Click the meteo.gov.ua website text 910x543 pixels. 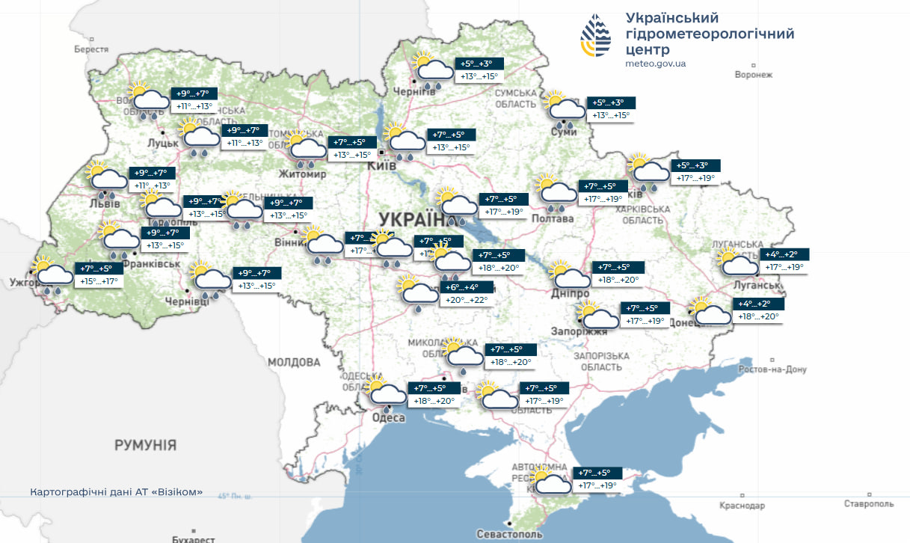[655, 64]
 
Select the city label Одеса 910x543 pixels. [388, 417]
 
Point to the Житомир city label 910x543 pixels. [302, 174]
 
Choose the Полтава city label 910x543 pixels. [553, 218]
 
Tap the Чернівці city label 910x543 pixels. [186, 301]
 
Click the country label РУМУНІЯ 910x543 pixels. [145, 445]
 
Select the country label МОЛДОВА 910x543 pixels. [294, 362]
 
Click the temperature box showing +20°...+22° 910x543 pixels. [467, 293]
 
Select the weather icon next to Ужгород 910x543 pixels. [51, 276]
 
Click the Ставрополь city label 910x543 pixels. [869, 504]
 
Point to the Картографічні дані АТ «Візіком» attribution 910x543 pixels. [116, 491]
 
